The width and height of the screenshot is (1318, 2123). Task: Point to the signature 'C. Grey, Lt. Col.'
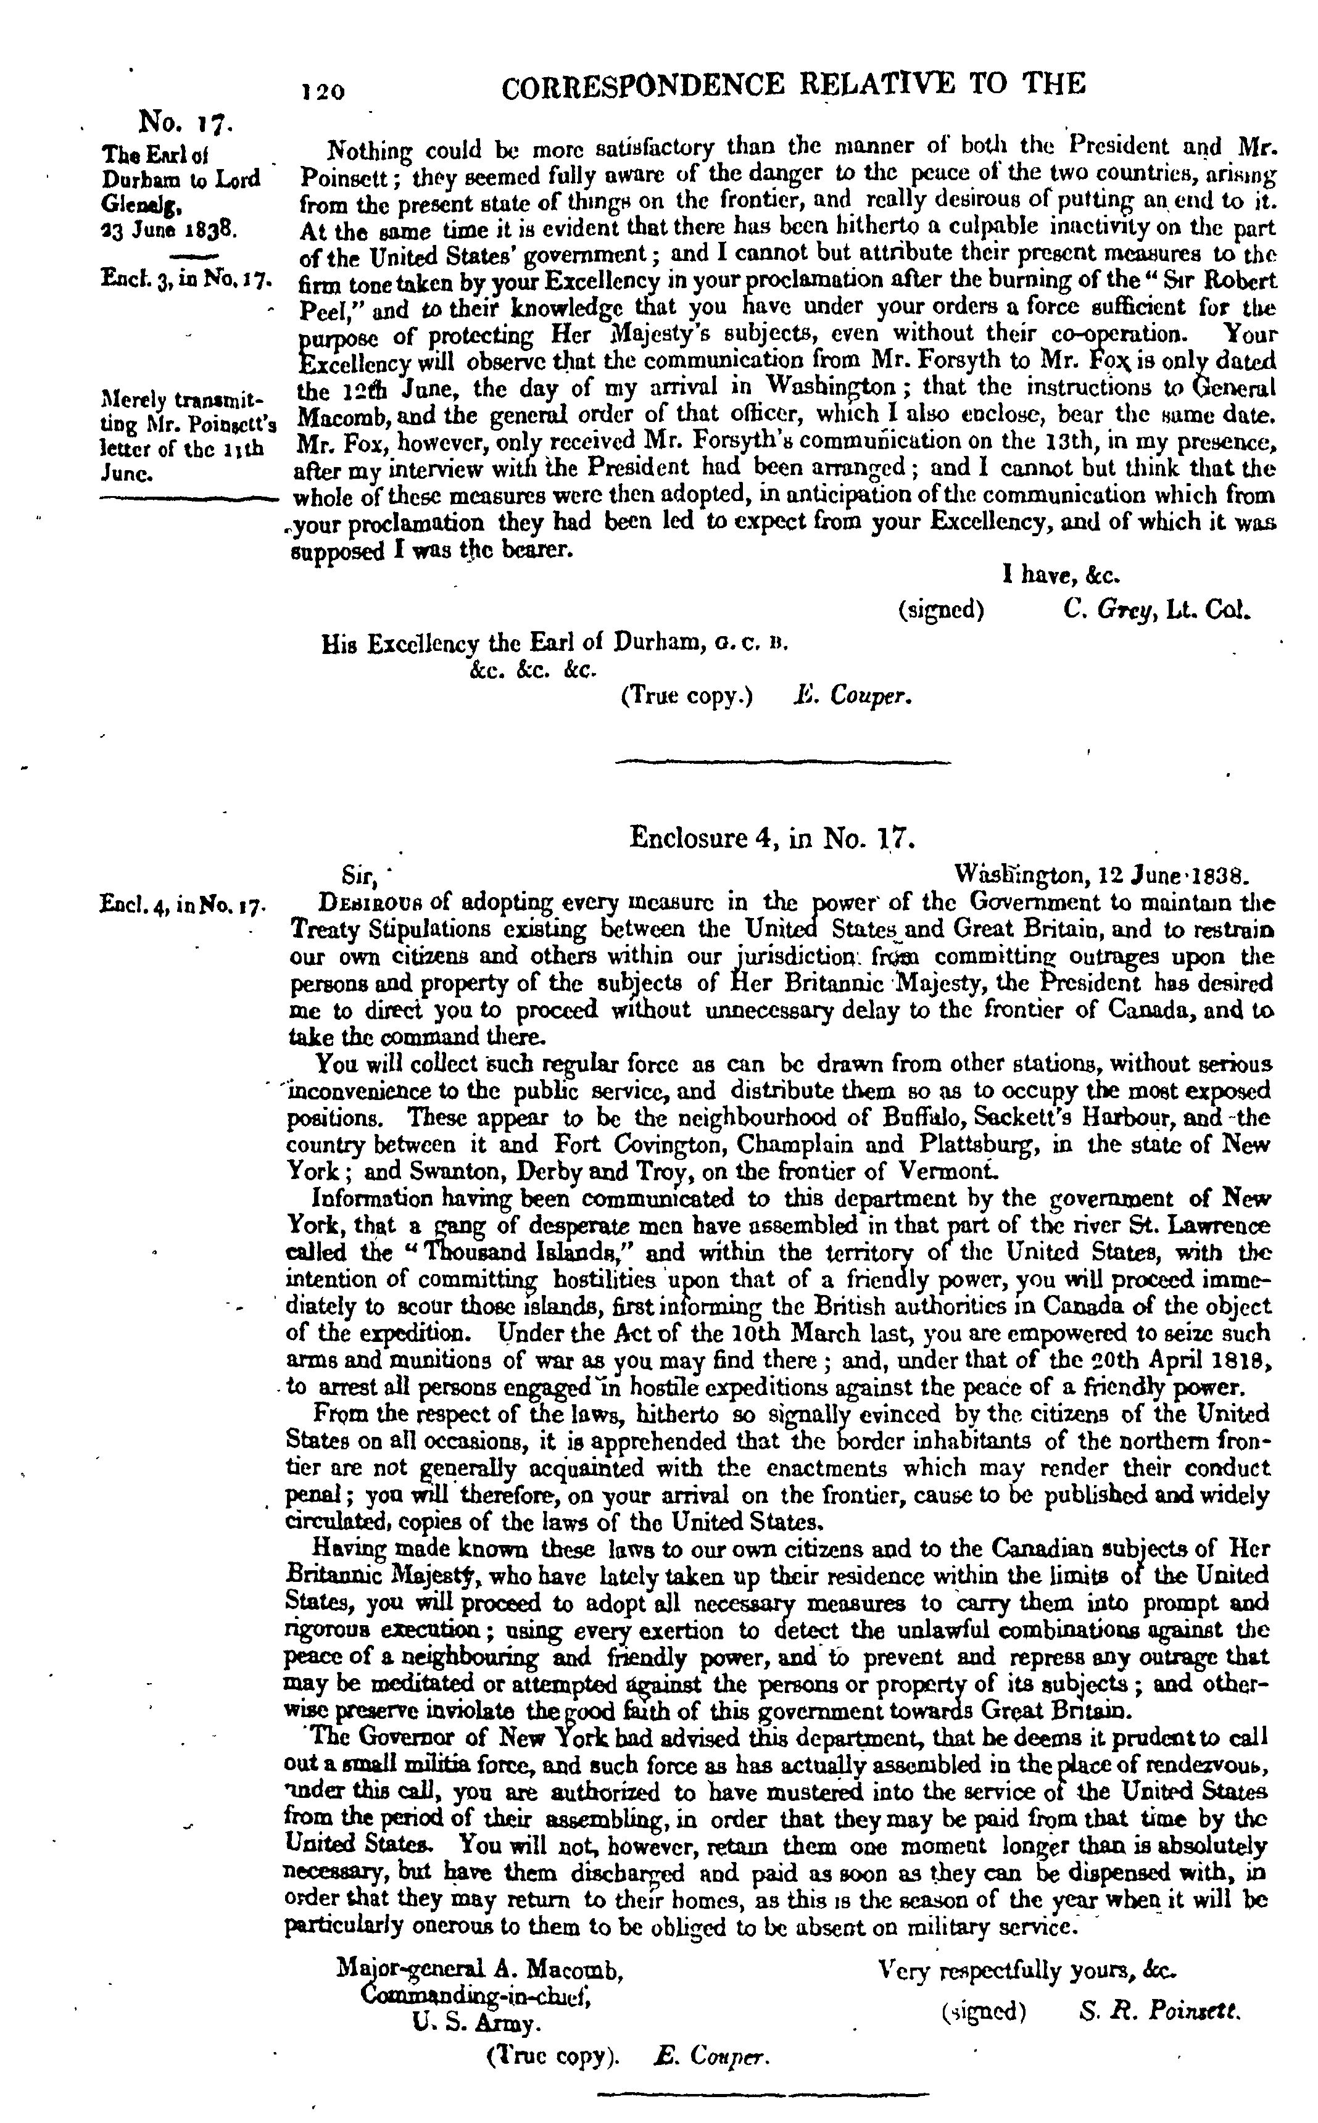pos(1157,608)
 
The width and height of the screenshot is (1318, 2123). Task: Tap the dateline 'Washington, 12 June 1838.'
pos(1102,873)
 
